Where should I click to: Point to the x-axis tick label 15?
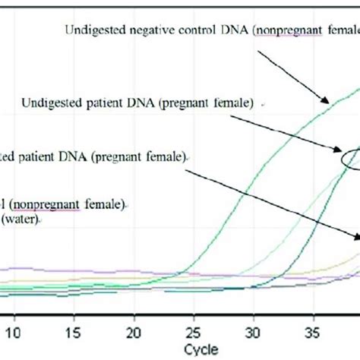pos(73,331)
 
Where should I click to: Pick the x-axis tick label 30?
pos(254,331)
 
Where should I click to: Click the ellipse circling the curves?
pos(352,156)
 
